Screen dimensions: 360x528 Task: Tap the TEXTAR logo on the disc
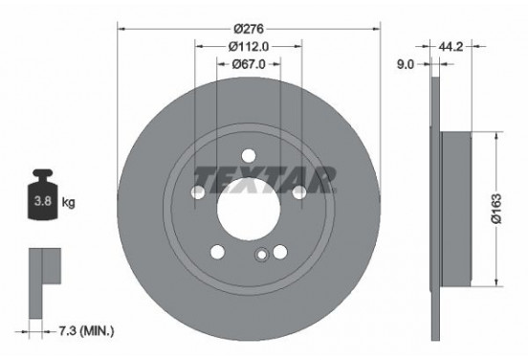pos(264,178)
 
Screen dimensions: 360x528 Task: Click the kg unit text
pos(69,204)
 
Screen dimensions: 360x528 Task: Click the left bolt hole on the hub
pos(198,193)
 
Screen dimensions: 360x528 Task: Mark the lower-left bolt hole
pos(217,252)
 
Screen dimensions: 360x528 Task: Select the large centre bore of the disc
pos(248,210)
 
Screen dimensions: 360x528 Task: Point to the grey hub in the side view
pos(459,209)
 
